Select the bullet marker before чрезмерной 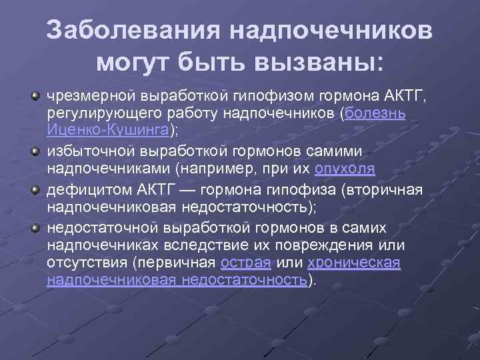(x=34, y=96)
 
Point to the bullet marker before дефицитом (x=34, y=191)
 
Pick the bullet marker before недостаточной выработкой (x=34, y=229)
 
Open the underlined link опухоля (x=345, y=167)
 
